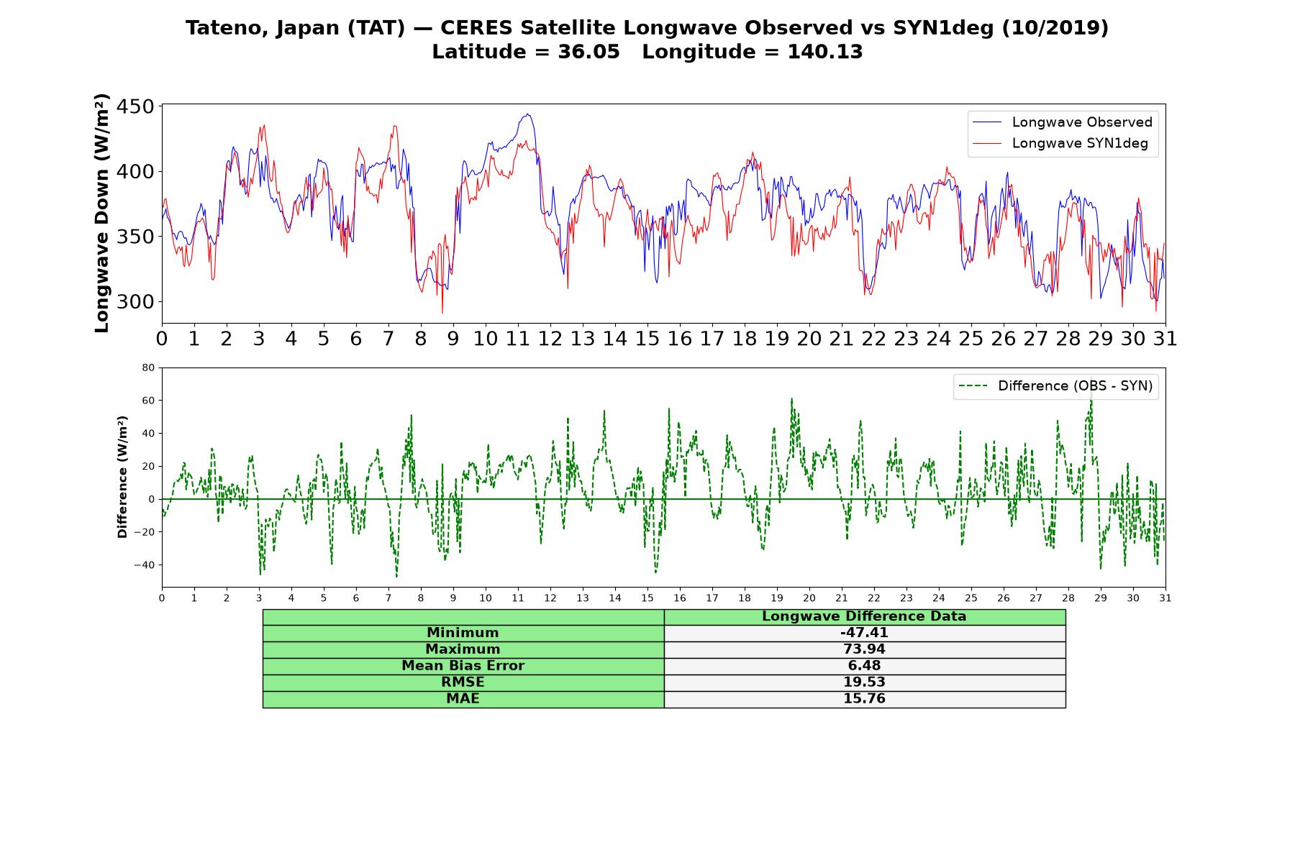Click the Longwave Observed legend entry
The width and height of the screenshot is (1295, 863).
coord(1062,122)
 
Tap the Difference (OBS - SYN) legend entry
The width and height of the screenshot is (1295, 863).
coord(1055,386)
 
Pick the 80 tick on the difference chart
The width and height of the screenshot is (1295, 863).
coord(148,367)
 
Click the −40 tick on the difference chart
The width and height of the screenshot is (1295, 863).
coord(144,565)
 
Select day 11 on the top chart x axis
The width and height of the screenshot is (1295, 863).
coord(518,338)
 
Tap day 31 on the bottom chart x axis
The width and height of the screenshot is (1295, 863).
coord(1165,598)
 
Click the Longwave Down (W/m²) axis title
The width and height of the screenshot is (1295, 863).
coord(101,213)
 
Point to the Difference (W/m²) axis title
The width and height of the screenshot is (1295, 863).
coord(122,477)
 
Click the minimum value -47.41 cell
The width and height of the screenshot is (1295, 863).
coord(864,633)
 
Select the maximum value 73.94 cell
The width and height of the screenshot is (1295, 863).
coord(864,649)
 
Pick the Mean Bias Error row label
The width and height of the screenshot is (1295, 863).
coord(463,666)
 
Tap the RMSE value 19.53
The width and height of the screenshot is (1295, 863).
coord(864,682)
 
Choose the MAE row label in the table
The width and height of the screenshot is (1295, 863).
coord(463,699)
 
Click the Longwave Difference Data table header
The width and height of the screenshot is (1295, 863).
coord(864,616)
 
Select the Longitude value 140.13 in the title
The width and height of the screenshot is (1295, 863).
coord(825,52)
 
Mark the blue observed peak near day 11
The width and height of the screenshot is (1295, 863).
coord(528,114)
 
